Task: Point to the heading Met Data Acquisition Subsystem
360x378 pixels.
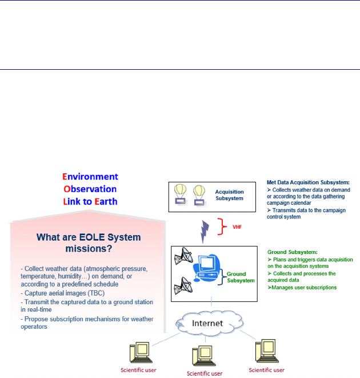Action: (x=307, y=182)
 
